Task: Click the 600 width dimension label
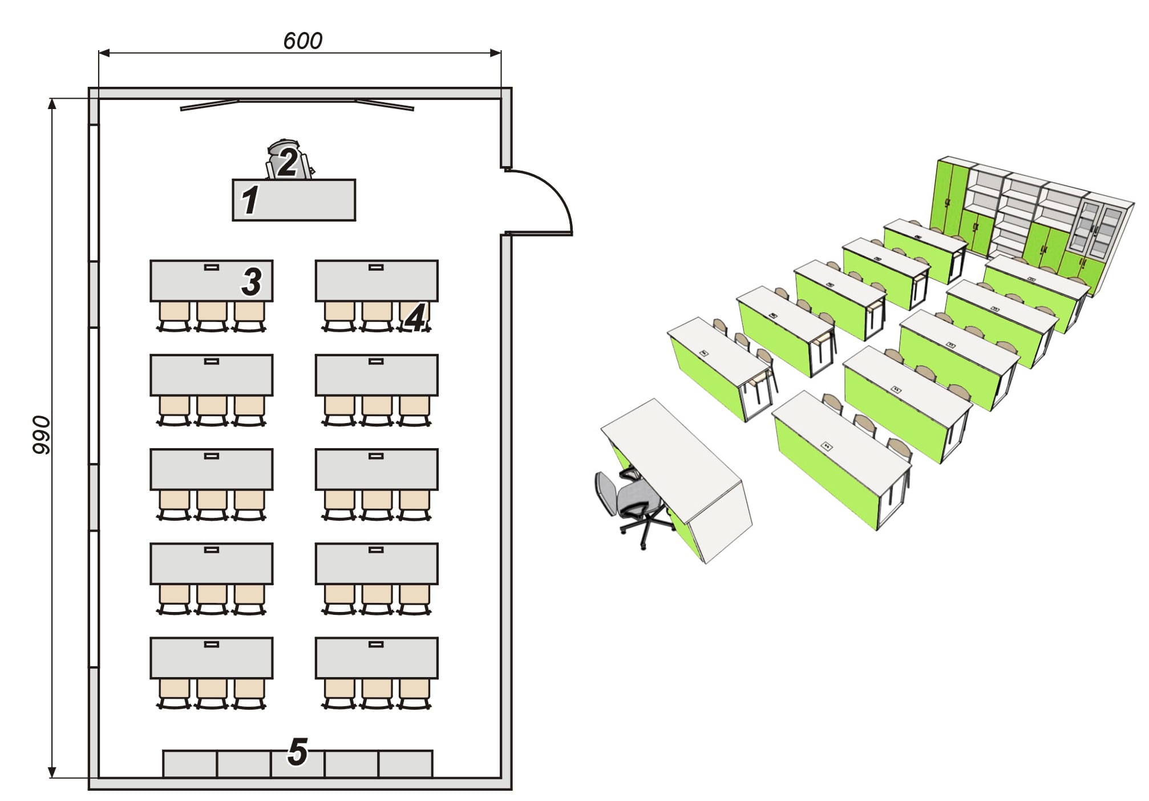coord(302,41)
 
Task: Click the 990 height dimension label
coord(41,435)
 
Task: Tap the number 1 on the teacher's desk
coord(249,200)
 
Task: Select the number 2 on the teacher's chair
coord(287,163)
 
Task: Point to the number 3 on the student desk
coord(251,281)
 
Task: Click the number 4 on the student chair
coord(415,318)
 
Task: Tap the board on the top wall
coord(297,104)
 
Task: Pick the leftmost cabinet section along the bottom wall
coord(190,764)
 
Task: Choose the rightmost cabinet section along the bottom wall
coord(406,764)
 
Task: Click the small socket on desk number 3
coord(211,267)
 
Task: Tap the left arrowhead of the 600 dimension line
coord(103,53)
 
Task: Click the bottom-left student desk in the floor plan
coord(211,658)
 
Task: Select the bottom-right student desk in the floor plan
coord(377,658)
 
